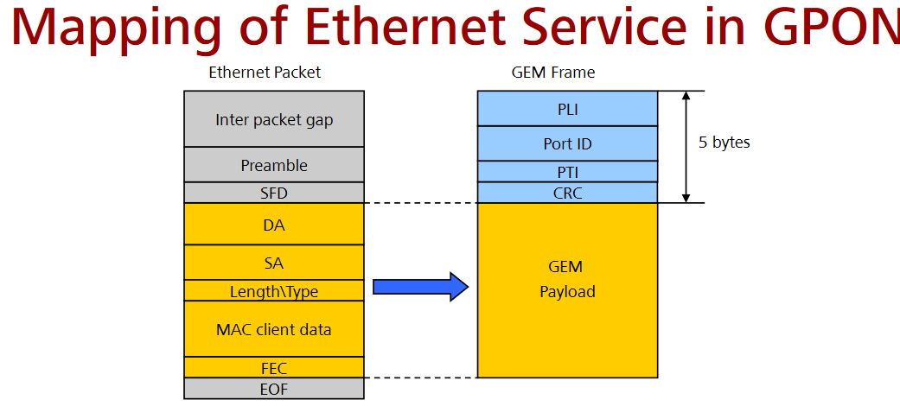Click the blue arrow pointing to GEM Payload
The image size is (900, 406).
point(419,286)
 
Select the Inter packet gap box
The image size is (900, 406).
point(274,119)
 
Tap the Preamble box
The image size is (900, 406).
point(274,164)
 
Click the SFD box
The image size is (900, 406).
point(274,193)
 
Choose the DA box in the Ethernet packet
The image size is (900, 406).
point(274,225)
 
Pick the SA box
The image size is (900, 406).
point(274,263)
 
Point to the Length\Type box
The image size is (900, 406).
point(274,291)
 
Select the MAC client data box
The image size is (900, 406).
point(274,329)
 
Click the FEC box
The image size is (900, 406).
point(274,367)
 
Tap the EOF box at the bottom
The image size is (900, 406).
point(274,389)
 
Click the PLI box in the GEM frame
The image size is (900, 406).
point(567,109)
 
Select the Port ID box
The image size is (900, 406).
point(567,143)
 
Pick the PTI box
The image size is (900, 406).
point(567,172)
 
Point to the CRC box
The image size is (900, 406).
point(567,193)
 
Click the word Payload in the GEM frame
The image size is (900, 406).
point(567,292)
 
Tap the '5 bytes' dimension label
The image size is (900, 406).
point(724,143)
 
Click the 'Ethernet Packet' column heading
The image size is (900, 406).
point(265,73)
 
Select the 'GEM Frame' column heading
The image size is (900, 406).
point(553,73)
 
